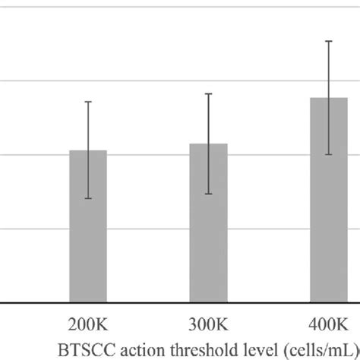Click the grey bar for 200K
88,228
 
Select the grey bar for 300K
208,224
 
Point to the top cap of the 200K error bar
88,102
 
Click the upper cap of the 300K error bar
208,93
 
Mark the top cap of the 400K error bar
329,41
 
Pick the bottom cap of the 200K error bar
88,199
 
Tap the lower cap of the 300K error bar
208,194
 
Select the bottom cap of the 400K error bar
329,155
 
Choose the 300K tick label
208,324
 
